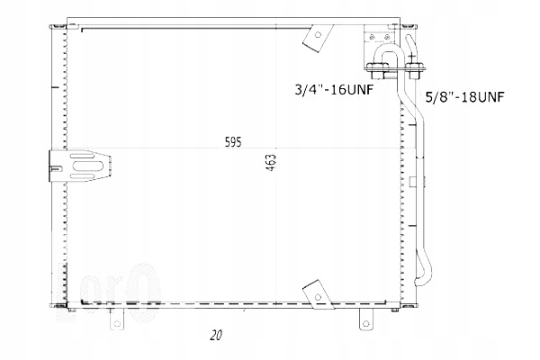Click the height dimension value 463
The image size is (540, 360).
(270, 165)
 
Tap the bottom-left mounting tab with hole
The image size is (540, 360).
(116, 318)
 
